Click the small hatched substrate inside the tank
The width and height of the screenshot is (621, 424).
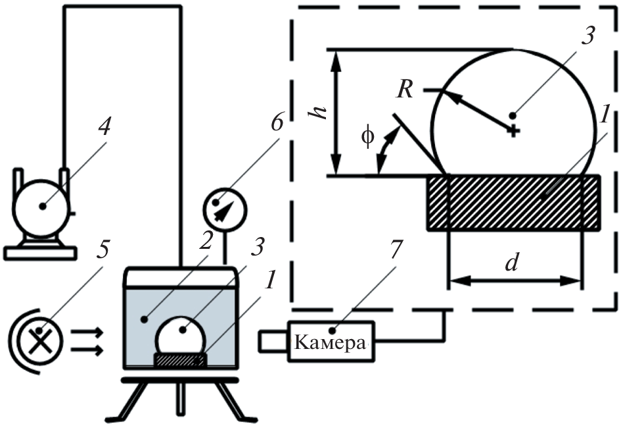(x=179, y=360)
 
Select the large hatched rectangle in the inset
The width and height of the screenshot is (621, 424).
(x=514, y=202)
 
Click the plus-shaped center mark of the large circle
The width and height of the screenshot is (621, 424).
(x=514, y=131)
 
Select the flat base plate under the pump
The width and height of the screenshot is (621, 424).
(x=40, y=252)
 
